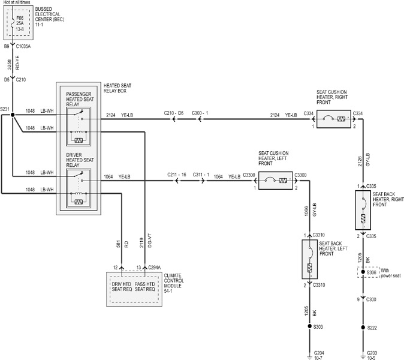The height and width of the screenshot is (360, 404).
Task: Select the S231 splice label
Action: [5, 109]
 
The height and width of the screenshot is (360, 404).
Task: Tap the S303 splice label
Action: [318, 327]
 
